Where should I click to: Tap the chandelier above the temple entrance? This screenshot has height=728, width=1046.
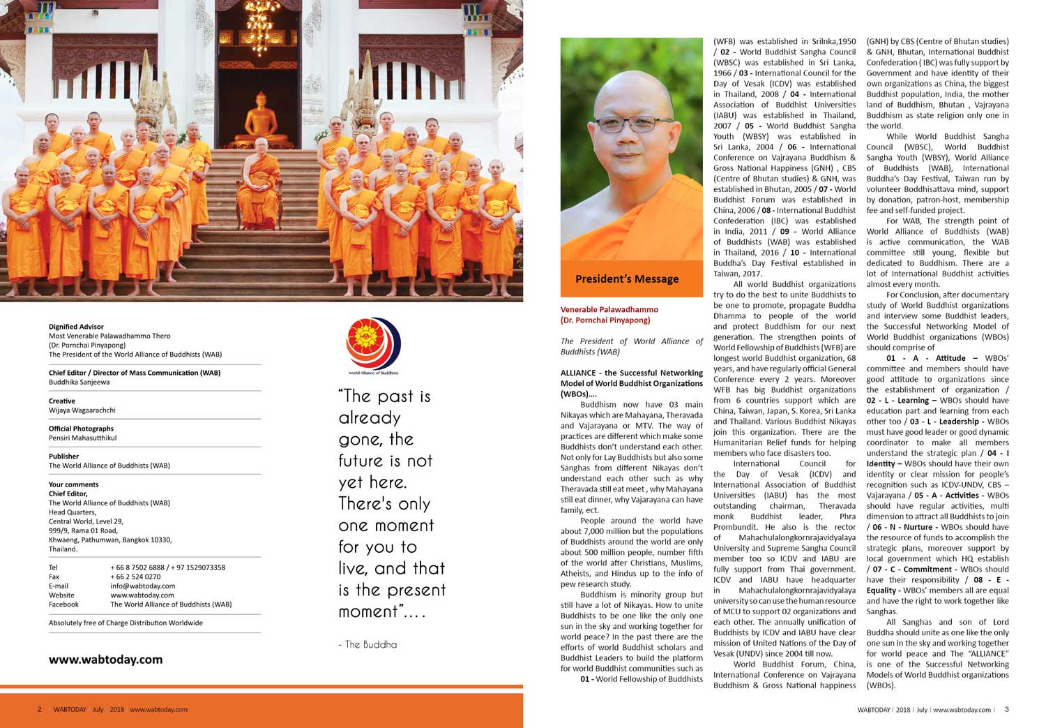[x=259, y=31]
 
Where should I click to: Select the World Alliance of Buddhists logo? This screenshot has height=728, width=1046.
[x=373, y=345]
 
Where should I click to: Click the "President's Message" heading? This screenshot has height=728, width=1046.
[x=627, y=278]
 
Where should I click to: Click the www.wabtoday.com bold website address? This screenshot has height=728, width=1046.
[x=105, y=659]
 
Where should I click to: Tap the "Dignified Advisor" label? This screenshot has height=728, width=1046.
[x=76, y=327]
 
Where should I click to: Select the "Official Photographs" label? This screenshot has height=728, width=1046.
[x=81, y=429]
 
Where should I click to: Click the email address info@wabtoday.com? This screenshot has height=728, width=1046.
[x=142, y=586]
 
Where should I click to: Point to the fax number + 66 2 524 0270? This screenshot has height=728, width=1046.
[x=135, y=577]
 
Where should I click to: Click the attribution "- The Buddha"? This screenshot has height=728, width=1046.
[x=367, y=644]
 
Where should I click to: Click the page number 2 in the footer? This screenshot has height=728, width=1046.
[x=40, y=709]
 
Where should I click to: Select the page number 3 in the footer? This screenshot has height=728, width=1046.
[x=1006, y=709]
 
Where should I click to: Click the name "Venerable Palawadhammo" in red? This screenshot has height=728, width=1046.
[x=609, y=309]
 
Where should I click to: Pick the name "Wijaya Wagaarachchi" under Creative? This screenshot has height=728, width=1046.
[x=82, y=410]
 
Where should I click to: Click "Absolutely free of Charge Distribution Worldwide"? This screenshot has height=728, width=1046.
[x=126, y=623]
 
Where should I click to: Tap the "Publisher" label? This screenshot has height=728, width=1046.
[x=64, y=456]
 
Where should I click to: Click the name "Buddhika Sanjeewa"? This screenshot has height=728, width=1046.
[x=79, y=382]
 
